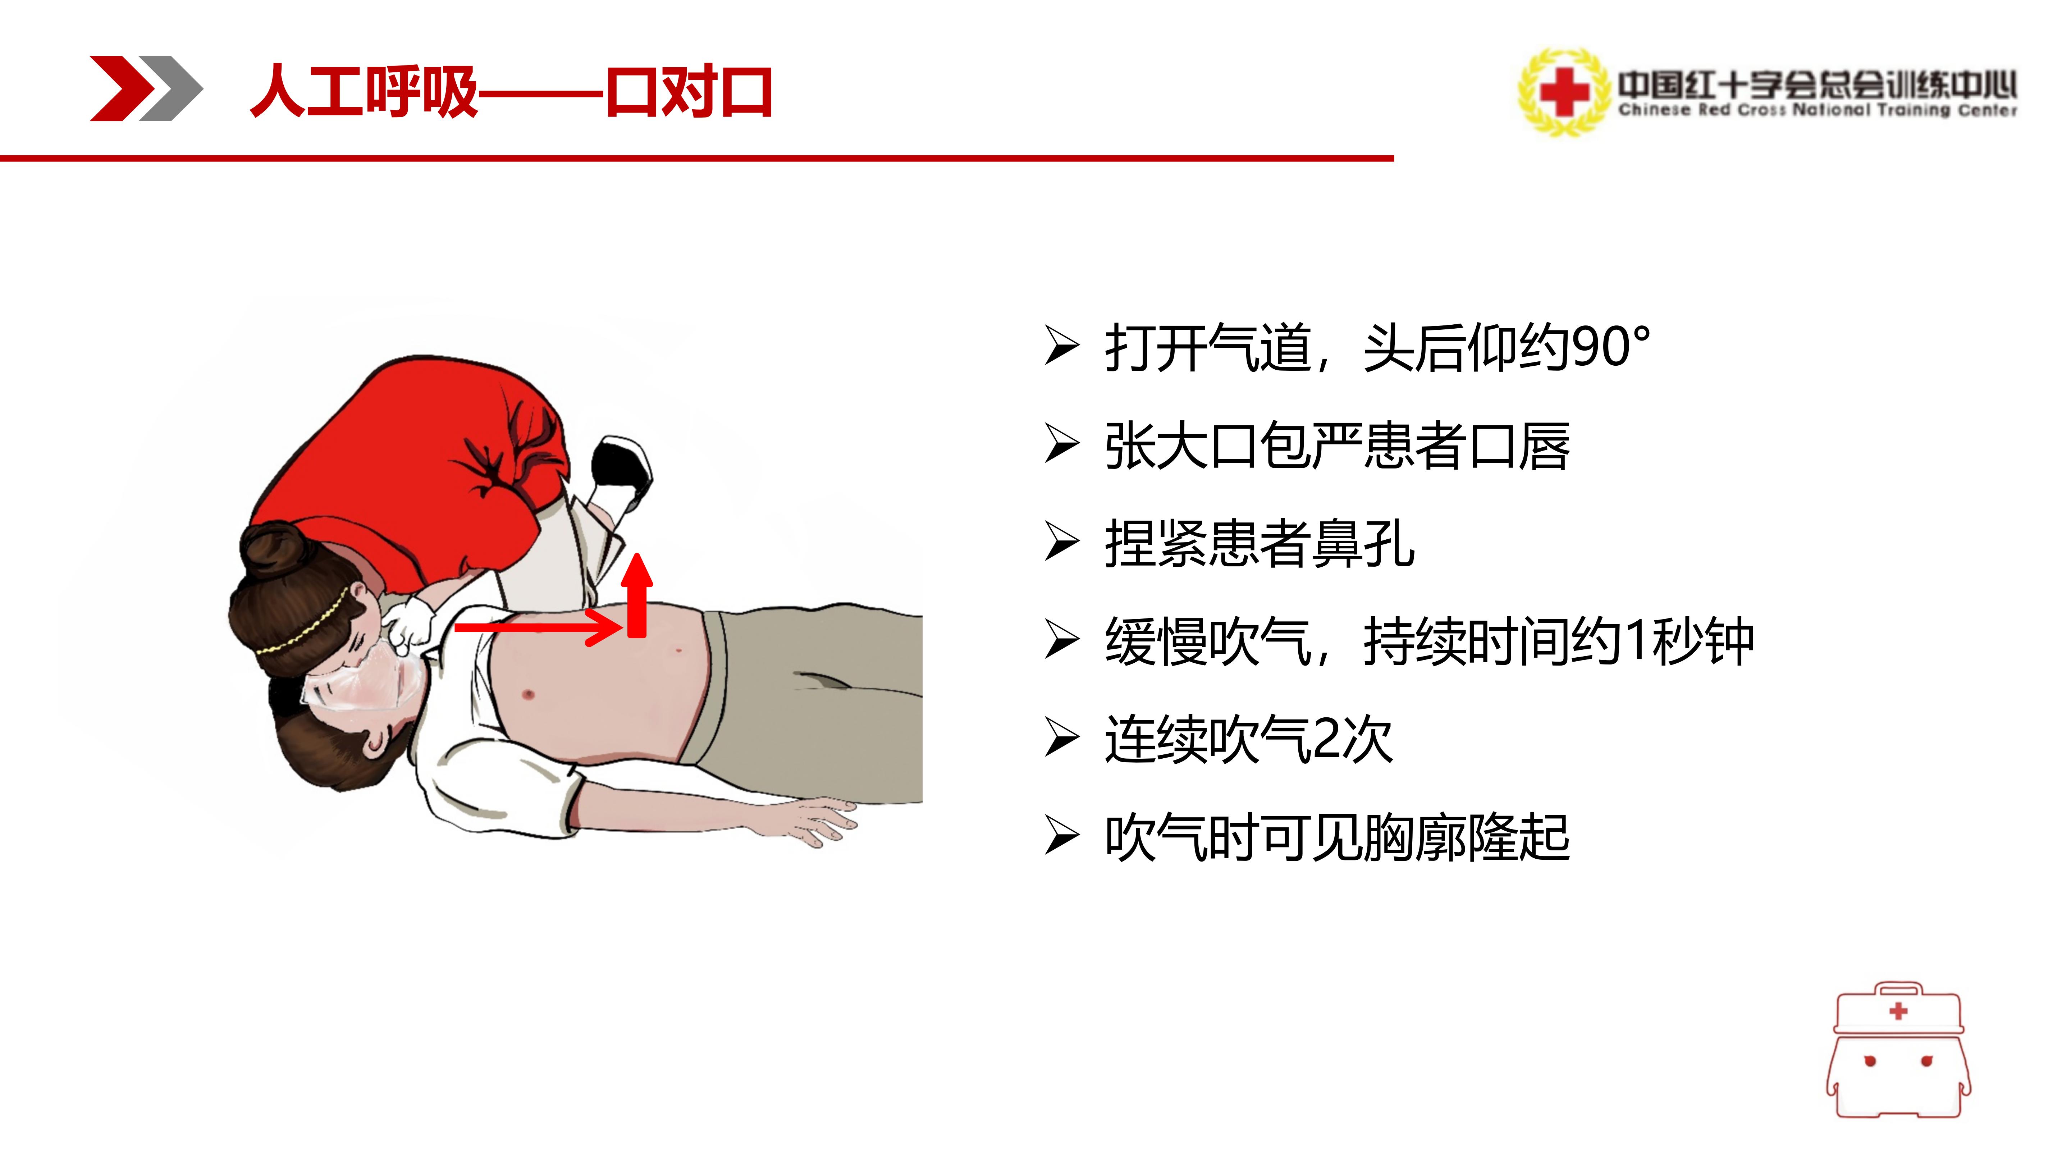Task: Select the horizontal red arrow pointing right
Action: (x=539, y=626)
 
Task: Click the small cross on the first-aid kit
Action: (x=1899, y=1011)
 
